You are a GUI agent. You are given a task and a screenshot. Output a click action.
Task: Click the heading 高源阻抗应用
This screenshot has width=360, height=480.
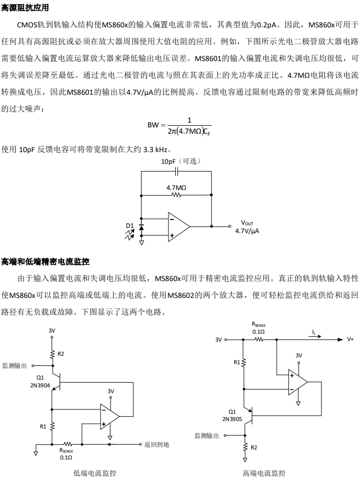pyautogui.click(x=25, y=7)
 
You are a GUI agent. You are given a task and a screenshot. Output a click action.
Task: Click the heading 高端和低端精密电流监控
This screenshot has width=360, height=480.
pyautogui.click(x=45, y=262)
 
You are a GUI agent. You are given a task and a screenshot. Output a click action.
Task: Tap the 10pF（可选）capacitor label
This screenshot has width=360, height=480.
pyautogui.click(x=181, y=161)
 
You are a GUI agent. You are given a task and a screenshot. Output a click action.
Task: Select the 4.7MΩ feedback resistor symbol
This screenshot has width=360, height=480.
pyautogui.click(x=176, y=195)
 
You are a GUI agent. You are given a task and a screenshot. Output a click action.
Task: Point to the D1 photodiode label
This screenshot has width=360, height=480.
pyautogui.click(x=130, y=226)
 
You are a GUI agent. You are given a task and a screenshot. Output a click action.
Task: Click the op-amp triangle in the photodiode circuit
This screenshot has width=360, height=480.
pyautogui.click(x=179, y=227)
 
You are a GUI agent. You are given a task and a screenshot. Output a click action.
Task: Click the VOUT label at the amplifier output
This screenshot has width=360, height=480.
pyautogui.click(x=247, y=223)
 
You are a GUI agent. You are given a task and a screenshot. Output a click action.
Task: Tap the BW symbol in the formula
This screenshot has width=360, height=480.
pyautogui.click(x=153, y=125)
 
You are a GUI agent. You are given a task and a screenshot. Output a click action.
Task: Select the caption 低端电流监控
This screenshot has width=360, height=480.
pyautogui.click(x=95, y=473)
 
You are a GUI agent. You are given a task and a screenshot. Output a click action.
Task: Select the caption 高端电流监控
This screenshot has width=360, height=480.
pyautogui.click(x=264, y=473)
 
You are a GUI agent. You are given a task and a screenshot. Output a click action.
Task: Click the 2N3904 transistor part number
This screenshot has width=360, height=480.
pyautogui.click(x=40, y=385)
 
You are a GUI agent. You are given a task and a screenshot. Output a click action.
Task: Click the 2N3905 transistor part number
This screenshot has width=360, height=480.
pyautogui.click(x=232, y=419)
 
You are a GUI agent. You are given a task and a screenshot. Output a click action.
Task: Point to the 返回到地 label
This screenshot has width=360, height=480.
pyautogui.click(x=157, y=445)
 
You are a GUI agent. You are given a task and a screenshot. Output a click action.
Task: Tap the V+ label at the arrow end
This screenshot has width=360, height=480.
pyautogui.click(x=350, y=339)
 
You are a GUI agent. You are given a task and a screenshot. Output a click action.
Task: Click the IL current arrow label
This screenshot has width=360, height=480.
pyautogui.click(x=314, y=332)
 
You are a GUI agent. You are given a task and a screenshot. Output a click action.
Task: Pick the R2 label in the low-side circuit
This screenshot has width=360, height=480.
pyautogui.click(x=61, y=354)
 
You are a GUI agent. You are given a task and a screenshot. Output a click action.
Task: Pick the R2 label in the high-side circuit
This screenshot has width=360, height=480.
pyautogui.click(x=254, y=447)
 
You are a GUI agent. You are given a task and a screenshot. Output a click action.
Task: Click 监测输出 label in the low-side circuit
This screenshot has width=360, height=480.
pyautogui.click(x=14, y=365)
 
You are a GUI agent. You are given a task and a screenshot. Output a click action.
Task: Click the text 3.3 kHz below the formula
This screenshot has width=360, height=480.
pyautogui.click(x=155, y=149)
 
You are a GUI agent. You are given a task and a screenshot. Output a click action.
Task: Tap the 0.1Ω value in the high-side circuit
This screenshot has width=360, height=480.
pyautogui.click(x=258, y=332)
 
